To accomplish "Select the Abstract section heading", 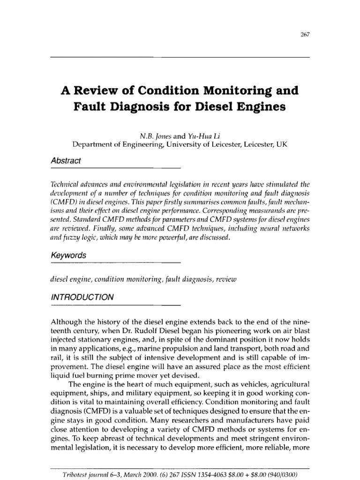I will (x=66, y=161).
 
